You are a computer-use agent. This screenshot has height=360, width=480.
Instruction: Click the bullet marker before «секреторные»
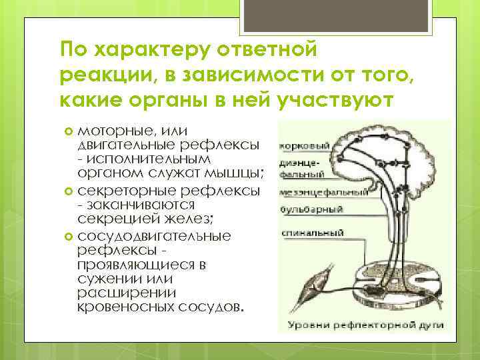pyautogui.click(x=69, y=191)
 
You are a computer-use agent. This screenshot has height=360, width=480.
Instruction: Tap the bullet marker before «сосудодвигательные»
pyautogui.click(x=69, y=237)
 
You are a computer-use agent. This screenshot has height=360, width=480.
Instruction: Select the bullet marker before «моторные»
pyautogui.click(x=69, y=129)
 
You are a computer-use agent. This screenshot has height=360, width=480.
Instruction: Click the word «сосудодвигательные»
pyautogui.click(x=155, y=236)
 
